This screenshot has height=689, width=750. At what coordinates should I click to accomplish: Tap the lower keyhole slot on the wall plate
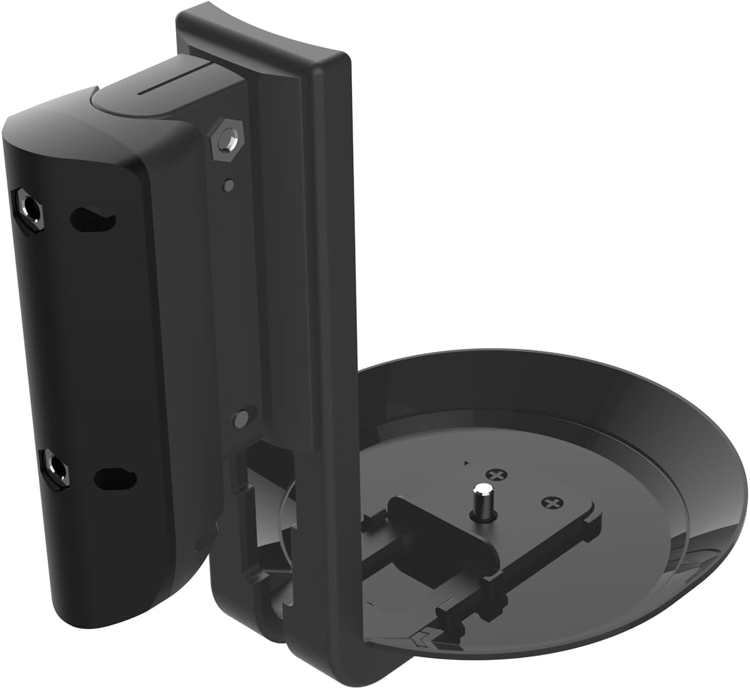pos(115,478)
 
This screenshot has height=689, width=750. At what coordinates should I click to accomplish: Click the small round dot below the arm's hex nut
pos(230,185)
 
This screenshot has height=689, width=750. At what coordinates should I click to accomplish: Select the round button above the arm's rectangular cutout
pos(240,419)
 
